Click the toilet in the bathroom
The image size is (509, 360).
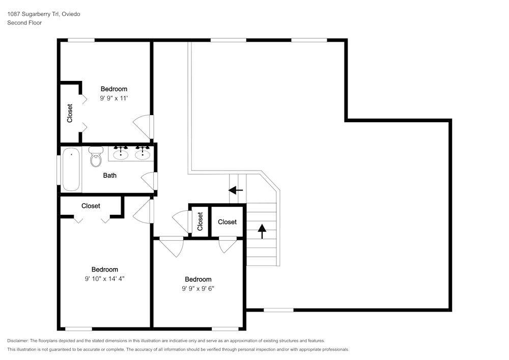pos(96,156)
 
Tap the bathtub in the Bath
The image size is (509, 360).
pos(71,169)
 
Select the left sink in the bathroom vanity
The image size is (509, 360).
pos(121,153)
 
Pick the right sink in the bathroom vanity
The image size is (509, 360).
pos(143,153)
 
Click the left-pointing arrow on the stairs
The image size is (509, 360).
pos(236,190)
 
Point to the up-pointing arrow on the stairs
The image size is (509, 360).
pos(262,231)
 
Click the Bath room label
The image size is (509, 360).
pos(110,175)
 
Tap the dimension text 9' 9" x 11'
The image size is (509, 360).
pos(114,98)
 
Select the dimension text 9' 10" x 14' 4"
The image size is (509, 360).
pos(104,279)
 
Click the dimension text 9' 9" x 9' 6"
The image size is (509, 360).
pos(198,288)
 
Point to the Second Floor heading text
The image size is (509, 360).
pos(24,23)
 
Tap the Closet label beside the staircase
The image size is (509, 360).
pos(227,222)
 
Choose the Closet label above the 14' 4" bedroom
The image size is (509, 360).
pos(91,206)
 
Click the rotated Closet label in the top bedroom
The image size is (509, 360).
pos(70,113)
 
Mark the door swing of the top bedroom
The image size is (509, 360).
pos(143,127)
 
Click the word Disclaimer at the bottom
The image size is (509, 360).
pos(18,341)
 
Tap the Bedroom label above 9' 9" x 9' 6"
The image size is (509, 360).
pos(198,279)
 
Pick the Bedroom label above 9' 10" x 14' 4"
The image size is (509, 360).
pos(104,269)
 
